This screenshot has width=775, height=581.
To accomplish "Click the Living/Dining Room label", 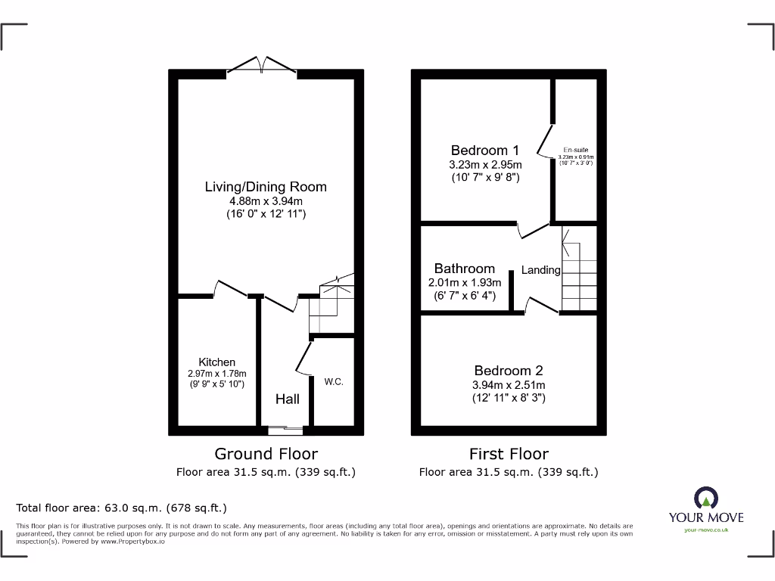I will [266, 187].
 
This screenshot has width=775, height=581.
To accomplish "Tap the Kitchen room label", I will [216, 362].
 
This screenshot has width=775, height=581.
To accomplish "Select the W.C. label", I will [334, 382].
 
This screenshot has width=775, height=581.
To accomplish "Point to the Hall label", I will [287, 399].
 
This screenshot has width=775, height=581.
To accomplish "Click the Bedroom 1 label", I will [485, 151].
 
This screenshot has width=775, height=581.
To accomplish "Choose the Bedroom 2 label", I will [508, 371].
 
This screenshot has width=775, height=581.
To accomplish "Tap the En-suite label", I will [575, 150].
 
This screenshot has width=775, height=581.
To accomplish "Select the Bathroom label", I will [464, 269].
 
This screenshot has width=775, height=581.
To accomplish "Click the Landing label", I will [540, 270].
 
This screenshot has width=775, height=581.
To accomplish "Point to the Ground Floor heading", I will [266, 454].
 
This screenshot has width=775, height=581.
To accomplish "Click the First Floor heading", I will [509, 454].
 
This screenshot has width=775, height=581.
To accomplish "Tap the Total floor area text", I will [121, 508].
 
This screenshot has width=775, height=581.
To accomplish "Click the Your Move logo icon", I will [705, 498].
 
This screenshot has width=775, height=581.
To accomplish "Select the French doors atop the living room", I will [262, 67].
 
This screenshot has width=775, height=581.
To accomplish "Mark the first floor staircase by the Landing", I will [578, 272].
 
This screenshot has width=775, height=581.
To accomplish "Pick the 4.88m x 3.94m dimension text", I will [266, 201].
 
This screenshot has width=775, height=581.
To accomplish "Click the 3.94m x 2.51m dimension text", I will [508, 384].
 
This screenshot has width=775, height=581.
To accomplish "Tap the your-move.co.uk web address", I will [705, 530].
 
